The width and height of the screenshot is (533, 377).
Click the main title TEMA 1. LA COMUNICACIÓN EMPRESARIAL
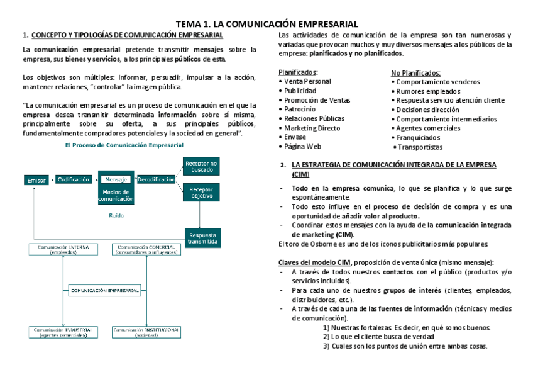266,23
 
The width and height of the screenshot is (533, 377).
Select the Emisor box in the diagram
36,180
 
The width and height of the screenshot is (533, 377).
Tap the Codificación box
73,179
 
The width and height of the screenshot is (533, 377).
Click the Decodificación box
155,179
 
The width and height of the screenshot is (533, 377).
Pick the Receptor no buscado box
201,167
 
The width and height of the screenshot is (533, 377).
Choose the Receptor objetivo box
201,192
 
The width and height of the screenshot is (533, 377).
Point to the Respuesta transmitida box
202,238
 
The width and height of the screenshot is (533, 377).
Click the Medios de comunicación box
116,195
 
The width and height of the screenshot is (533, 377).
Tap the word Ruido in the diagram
116,215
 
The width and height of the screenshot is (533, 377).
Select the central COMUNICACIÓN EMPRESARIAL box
104,290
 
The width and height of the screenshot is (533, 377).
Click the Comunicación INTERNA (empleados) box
62,250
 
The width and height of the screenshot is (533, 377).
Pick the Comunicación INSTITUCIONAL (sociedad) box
146,332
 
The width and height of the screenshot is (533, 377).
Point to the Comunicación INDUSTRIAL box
62,332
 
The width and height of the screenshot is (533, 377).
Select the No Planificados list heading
415,72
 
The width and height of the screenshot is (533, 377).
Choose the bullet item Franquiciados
418,137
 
